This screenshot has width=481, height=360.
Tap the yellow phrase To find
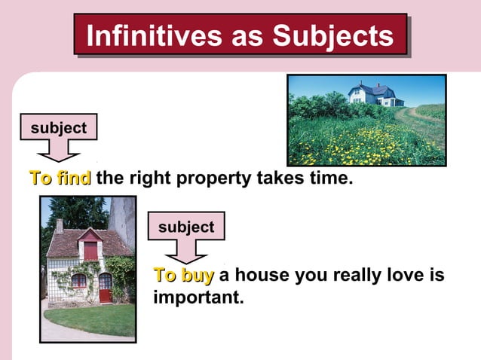[x=60, y=179]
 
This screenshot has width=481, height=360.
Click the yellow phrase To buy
[x=184, y=276]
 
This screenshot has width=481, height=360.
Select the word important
[x=198, y=297]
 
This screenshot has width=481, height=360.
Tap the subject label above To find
[x=58, y=129]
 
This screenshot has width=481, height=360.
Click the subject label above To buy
[x=186, y=227]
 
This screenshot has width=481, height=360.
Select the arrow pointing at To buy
[x=186, y=251]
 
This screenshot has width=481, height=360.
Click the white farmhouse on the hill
[x=374, y=94]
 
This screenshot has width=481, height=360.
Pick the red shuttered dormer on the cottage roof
[x=90, y=249]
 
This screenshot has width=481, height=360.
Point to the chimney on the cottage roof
[x=60, y=226]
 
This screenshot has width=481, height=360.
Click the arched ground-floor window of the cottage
[x=78, y=281]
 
